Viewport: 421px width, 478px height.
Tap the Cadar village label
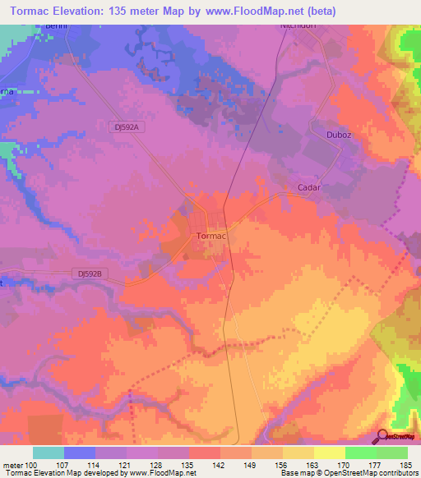pos(308,187)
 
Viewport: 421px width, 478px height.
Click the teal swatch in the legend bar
pos(49,453)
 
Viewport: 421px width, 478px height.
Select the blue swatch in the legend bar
pos(80,453)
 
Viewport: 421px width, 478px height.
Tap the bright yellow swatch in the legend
pos(330,453)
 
